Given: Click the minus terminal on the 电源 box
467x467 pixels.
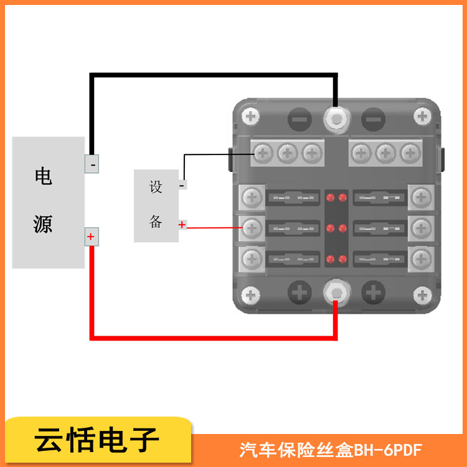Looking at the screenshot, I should point(92,164).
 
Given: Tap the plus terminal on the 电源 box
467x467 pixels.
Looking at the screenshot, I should point(92,237).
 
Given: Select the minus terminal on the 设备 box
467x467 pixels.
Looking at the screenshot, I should point(182,184).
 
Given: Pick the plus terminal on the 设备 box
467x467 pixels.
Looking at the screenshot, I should point(182,224).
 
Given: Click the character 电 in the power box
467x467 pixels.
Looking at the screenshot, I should point(43,177).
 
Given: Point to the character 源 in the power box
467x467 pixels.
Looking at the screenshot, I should point(43,224).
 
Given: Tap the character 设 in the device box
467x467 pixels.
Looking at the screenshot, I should point(156,187).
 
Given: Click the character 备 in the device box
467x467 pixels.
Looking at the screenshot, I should point(156,222).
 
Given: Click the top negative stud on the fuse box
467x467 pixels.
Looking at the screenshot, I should point(336,118).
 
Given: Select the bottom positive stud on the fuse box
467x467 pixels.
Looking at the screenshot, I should point(336,291).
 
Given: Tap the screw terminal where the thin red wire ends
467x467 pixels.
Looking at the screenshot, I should point(252,228).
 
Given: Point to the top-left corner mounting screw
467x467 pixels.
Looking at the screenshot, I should point(251,116).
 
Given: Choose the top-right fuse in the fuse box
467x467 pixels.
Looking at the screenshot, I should point(379,199).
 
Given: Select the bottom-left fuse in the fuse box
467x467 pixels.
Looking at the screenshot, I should point(293,258).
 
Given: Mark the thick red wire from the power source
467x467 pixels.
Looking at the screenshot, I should point(212,337).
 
